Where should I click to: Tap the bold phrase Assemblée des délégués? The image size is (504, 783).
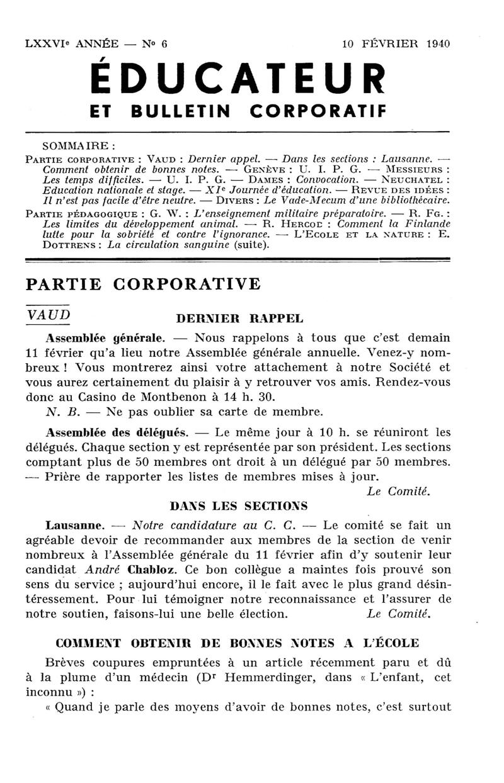tap(117, 433)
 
